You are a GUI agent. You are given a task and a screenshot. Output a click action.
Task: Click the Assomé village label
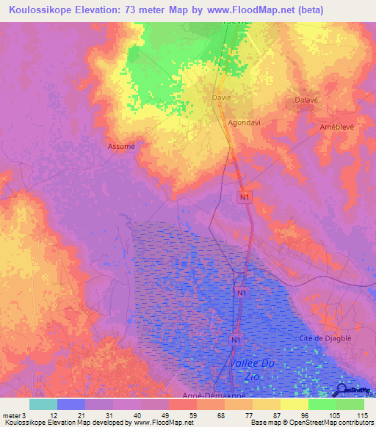(122, 145)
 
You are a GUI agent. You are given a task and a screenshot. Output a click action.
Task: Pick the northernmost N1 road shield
(245, 197)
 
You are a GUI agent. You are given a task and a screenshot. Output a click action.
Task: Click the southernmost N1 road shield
(236, 340)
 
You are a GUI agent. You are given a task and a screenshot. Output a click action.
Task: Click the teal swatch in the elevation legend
(43, 404)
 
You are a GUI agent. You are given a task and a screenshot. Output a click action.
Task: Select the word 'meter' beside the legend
(12, 415)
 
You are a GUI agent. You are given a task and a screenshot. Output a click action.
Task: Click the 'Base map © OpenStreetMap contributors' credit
(309, 423)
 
